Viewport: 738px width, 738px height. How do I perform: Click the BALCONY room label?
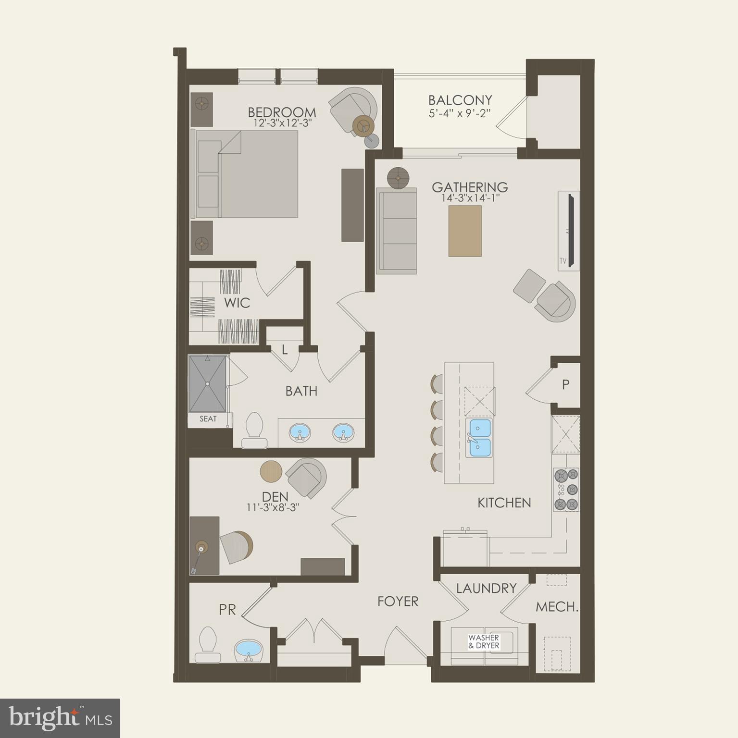click(x=460, y=100)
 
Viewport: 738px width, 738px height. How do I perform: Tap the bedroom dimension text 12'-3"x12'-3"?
click(x=283, y=123)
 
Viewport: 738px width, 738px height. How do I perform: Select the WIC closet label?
click(x=237, y=303)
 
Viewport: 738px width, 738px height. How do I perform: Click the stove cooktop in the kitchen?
click(x=566, y=490)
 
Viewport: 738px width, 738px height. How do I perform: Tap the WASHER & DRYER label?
click(x=484, y=642)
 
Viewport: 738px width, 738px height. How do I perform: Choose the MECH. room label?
click(x=557, y=607)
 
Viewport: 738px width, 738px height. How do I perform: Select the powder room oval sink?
click(x=249, y=651)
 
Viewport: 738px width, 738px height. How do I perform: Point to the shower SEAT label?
click(x=208, y=419)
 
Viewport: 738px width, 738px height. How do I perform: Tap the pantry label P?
click(x=565, y=384)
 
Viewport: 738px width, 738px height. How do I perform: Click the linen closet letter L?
click(x=285, y=350)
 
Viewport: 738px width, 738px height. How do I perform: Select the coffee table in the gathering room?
click(x=464, y=231)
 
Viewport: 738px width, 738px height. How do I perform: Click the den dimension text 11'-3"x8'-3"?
click(x=273, y=507)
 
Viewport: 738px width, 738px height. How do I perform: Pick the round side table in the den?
click(x=271, y=471)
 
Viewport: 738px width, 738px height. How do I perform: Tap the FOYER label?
click(x=398, y=602)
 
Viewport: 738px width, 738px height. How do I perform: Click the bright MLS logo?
click(x=60, y=718)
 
